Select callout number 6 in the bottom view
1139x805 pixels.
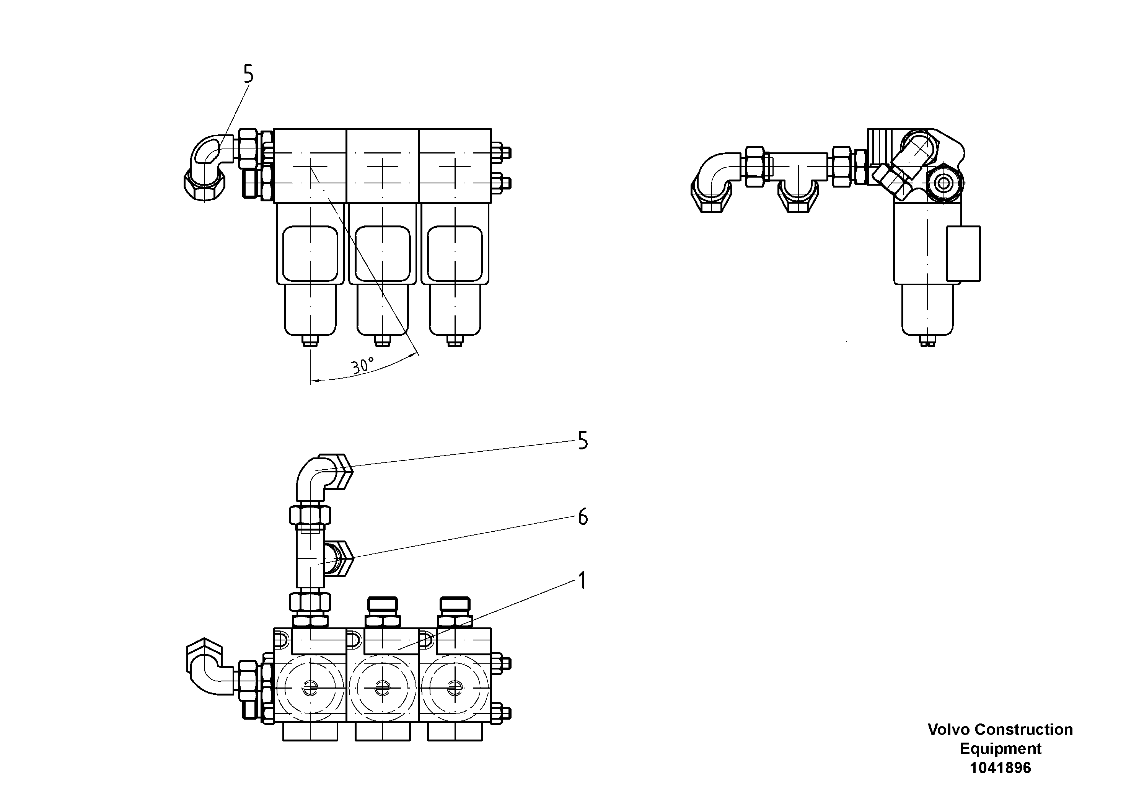click(x=583, y=517)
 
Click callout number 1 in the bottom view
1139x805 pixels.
click(x=582, y=581)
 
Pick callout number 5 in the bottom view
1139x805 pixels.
click(x=583, y=441)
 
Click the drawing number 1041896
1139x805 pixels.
click(x=1000, y=768)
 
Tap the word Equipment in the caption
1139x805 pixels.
click(x=1000, y=748)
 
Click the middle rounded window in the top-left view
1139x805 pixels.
click(x=383, y=254)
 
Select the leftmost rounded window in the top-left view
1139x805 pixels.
click(x=310, y=254)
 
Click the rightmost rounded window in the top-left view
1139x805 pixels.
click(x=455, y=254)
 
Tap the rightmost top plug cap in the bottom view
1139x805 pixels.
click(x=455, y=604)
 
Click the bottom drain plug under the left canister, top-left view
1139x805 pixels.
click(x=311, y=341)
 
